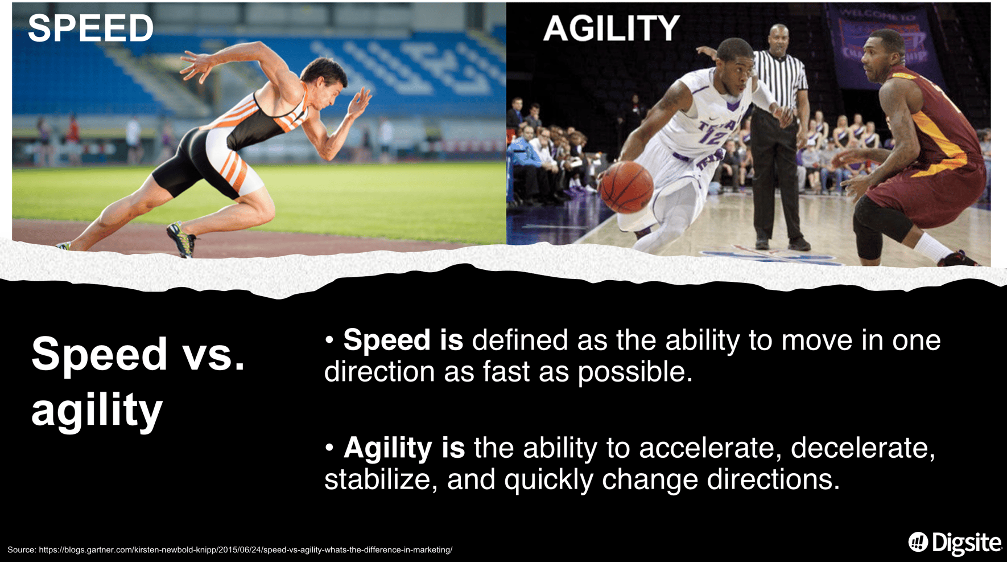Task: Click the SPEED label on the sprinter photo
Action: click(90, 28)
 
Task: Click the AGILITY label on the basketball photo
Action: click(611, 28)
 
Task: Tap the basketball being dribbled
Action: click(626, 187)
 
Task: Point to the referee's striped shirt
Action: click(781, 79)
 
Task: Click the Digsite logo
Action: click(955, 543)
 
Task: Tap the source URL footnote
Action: click(230, 550)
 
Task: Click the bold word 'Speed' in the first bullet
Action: click(386, 341)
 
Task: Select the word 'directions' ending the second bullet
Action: click(773, 479)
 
